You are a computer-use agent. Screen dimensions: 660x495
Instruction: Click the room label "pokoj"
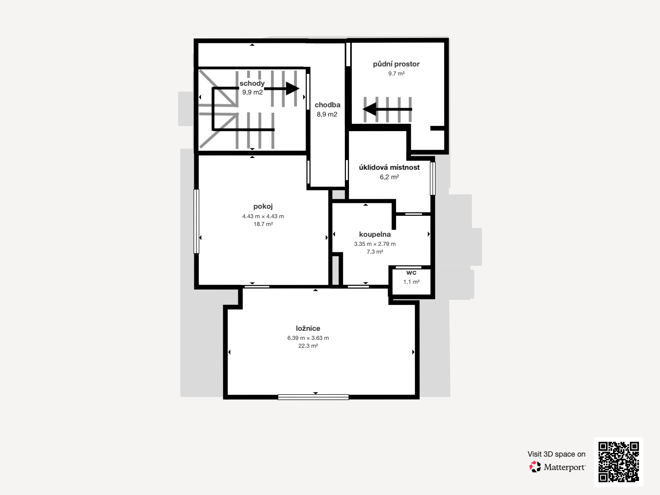pyautogui.click(x=263, y=207)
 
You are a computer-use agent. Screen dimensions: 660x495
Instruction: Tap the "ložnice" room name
pyautogui.click(x=308, y=328)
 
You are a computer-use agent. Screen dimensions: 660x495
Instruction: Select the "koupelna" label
pyautogui.click(x=375, y=234)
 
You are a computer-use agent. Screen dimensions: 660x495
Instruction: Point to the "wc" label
pyautogui.click(x=411, y=273)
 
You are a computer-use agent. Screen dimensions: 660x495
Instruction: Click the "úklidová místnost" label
pyautogui.click(x=389, y=167)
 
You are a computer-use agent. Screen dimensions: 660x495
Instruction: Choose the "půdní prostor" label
pyautogui.click(x=396, y=64)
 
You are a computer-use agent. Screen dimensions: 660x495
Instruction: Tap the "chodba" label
pyautogui.click(x=328, y=105)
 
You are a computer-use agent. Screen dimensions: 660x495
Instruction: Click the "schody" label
pyautogui.click(x=252, y=84)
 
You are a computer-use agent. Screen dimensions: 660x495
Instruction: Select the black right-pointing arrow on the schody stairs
pyautogui.click(x=282, y=88)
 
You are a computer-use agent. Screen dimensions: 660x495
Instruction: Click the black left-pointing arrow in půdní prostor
pyautogui.click(x=387, y=109)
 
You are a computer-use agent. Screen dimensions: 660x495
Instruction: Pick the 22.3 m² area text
pyautogui.click(x=308, y=346)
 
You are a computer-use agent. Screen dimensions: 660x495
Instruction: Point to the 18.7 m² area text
pyautogui.click(x=263, y=224)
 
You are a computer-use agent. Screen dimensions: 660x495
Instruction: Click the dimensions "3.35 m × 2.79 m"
pyautogui.click(x=375, y=244)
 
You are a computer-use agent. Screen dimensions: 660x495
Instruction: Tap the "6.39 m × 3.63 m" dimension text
pyautogui.click(x=308, y=338)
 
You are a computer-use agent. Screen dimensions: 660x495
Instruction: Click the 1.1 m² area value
pyautogui.click(x=411, y=282)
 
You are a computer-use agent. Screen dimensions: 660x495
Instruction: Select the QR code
pyautogui.click(x=618, y=462)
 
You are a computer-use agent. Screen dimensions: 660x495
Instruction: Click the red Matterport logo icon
pyautogui.click(x=535, y=467)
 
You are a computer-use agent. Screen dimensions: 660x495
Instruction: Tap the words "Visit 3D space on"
pyautogui.click(x=556, y=454)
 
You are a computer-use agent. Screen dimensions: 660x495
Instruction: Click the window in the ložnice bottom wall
pyautogui.click(x=313, y=397)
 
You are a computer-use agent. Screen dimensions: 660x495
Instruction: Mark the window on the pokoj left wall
pyautogui.click(x=196, y=221)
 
